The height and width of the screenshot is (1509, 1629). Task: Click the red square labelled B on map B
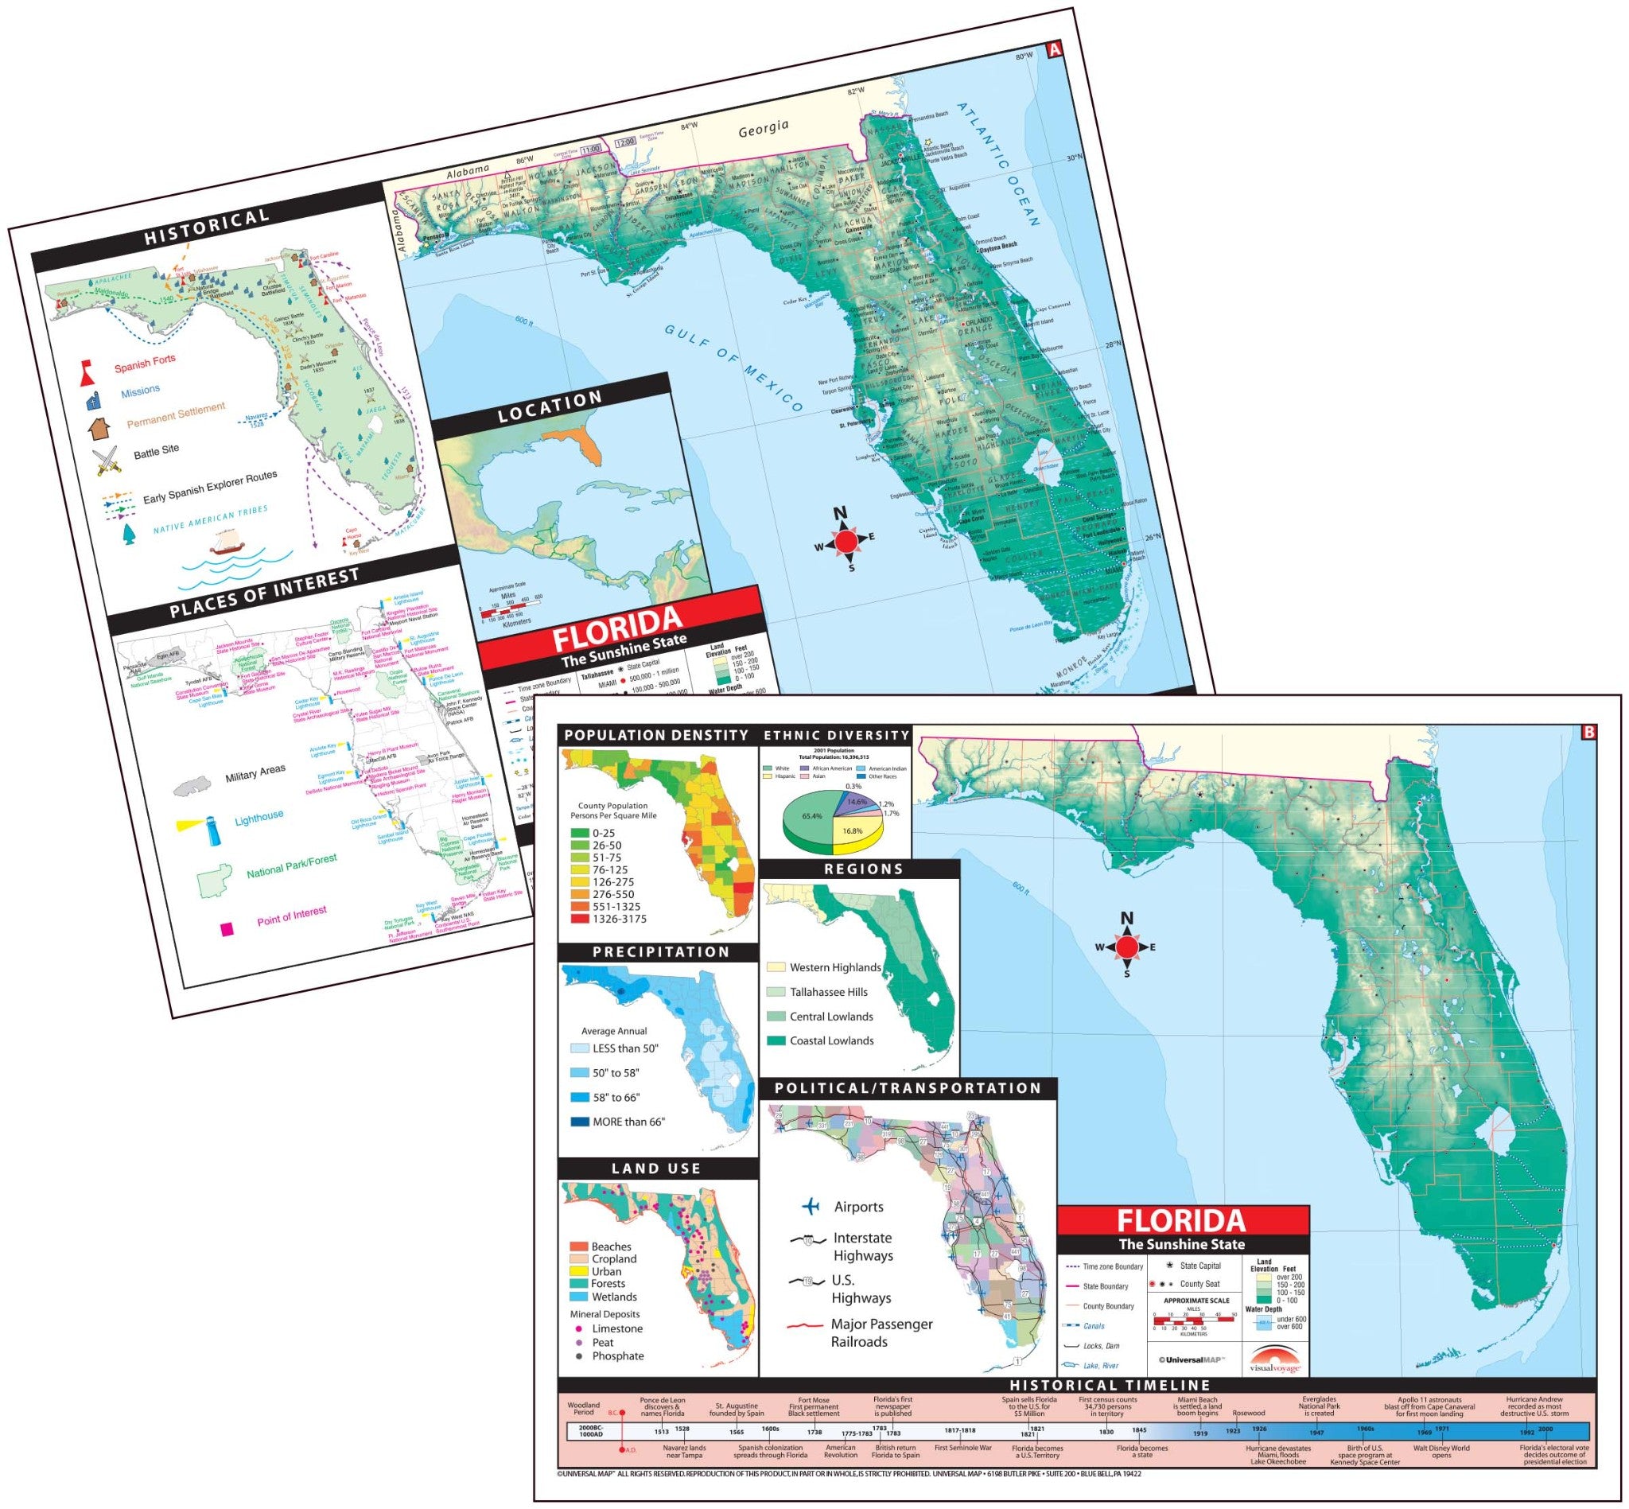pyautogui.click(x=1588, y=733)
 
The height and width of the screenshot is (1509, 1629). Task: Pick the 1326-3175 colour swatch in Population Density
pyautogui.click(x=580, y=919)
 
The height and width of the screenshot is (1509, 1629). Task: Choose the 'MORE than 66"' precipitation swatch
pyautogui.click(x=579, y=1121)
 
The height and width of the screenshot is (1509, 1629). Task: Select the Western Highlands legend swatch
pyautogui.click(x=775, y=966)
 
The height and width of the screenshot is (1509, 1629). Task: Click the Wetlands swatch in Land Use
pyautogui.click(x=578, y=1296)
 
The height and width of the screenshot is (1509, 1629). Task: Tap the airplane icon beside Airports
pyautogui.click(x=811, y=1206)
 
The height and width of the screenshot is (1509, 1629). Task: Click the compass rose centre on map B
pyautogui.click(x=1127, y=947)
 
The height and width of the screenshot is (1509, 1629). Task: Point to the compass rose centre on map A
pyautogui.click(x=846, y=541)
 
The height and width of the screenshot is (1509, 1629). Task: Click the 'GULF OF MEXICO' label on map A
pyautogui.click(x=733, y=366)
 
